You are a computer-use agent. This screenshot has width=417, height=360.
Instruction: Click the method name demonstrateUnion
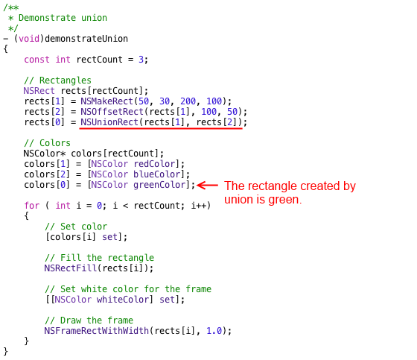(x=86, y=39)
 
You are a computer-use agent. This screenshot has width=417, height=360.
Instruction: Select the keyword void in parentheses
(x=29, y=39)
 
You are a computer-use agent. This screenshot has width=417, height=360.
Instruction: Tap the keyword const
(x=36, y=60)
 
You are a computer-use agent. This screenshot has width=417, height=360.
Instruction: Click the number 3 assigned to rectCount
(x=141, y=60)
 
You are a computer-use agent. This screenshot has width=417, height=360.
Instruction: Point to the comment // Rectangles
(x=57, y=80)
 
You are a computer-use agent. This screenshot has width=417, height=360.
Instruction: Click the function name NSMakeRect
(x=107, y=101)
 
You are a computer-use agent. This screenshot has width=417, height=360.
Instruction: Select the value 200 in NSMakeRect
(x=188, y=101)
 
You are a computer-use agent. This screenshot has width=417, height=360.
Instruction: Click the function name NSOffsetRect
(x=112, y=112)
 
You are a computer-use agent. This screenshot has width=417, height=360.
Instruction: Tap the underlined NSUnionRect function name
(x=109, y=122)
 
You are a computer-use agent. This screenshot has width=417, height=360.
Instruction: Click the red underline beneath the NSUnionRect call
(x=161, y=129)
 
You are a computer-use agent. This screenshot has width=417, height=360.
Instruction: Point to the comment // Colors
(x=47, y=142)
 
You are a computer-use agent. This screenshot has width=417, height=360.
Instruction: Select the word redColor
(x=155, y=164)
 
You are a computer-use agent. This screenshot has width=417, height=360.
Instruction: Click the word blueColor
(x=157, y=174)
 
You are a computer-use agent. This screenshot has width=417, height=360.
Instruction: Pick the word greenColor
(x=160, y=185)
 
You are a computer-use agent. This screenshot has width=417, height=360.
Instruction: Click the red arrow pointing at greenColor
(x=208, y=186)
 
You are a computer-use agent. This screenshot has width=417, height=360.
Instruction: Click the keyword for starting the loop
(x=31, y=206)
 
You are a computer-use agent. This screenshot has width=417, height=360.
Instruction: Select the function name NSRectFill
(x=71, y=268)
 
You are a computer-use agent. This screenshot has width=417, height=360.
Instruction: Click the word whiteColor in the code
(x=123, y=300)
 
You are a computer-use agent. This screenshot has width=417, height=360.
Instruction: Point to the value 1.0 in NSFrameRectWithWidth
(x=214, y=331)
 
